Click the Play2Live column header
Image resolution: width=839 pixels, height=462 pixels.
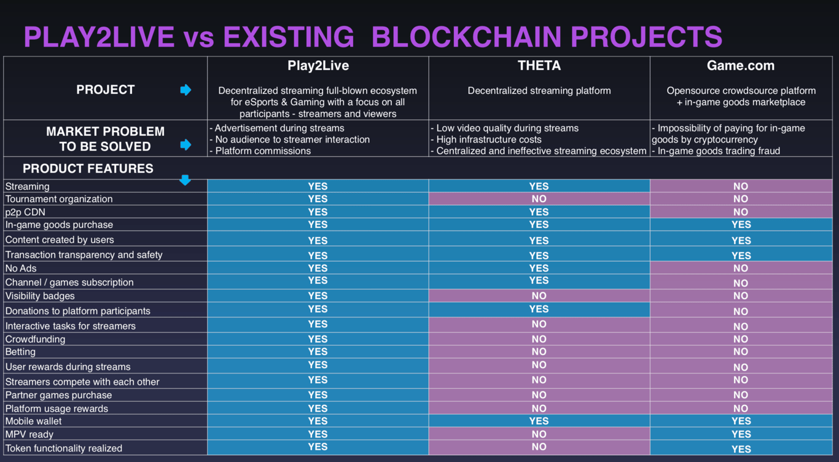[318, 66]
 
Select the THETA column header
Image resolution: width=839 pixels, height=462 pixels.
[539, 66]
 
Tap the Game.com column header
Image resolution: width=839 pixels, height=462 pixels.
[741, 66]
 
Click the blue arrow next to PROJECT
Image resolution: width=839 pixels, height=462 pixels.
[185, 90]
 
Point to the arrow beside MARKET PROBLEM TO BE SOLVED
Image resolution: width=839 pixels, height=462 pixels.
[185, 145]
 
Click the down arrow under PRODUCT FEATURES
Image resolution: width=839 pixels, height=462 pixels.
[185, 179]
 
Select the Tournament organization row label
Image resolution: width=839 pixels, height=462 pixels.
[59, 199]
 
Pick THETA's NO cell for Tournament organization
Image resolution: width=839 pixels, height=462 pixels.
[539, 199]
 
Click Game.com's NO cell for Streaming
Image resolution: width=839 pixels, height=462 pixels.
[741, 186]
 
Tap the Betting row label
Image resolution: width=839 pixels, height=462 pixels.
[20, 352]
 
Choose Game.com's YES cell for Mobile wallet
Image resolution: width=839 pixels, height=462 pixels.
[741, 421]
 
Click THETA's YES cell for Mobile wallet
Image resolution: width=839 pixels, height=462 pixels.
[539, 421]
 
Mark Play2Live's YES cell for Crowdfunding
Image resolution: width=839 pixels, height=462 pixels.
[318, 339]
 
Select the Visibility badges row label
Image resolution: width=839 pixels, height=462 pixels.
[40, 296]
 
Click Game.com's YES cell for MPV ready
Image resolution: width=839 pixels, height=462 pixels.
[741, 434]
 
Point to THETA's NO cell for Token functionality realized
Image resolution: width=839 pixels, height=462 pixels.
[539, 447]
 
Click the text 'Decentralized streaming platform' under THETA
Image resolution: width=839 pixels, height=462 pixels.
[539, 91]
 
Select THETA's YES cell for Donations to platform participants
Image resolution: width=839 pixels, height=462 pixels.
[539, 310]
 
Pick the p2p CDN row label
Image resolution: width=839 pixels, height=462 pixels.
[26, 212]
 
